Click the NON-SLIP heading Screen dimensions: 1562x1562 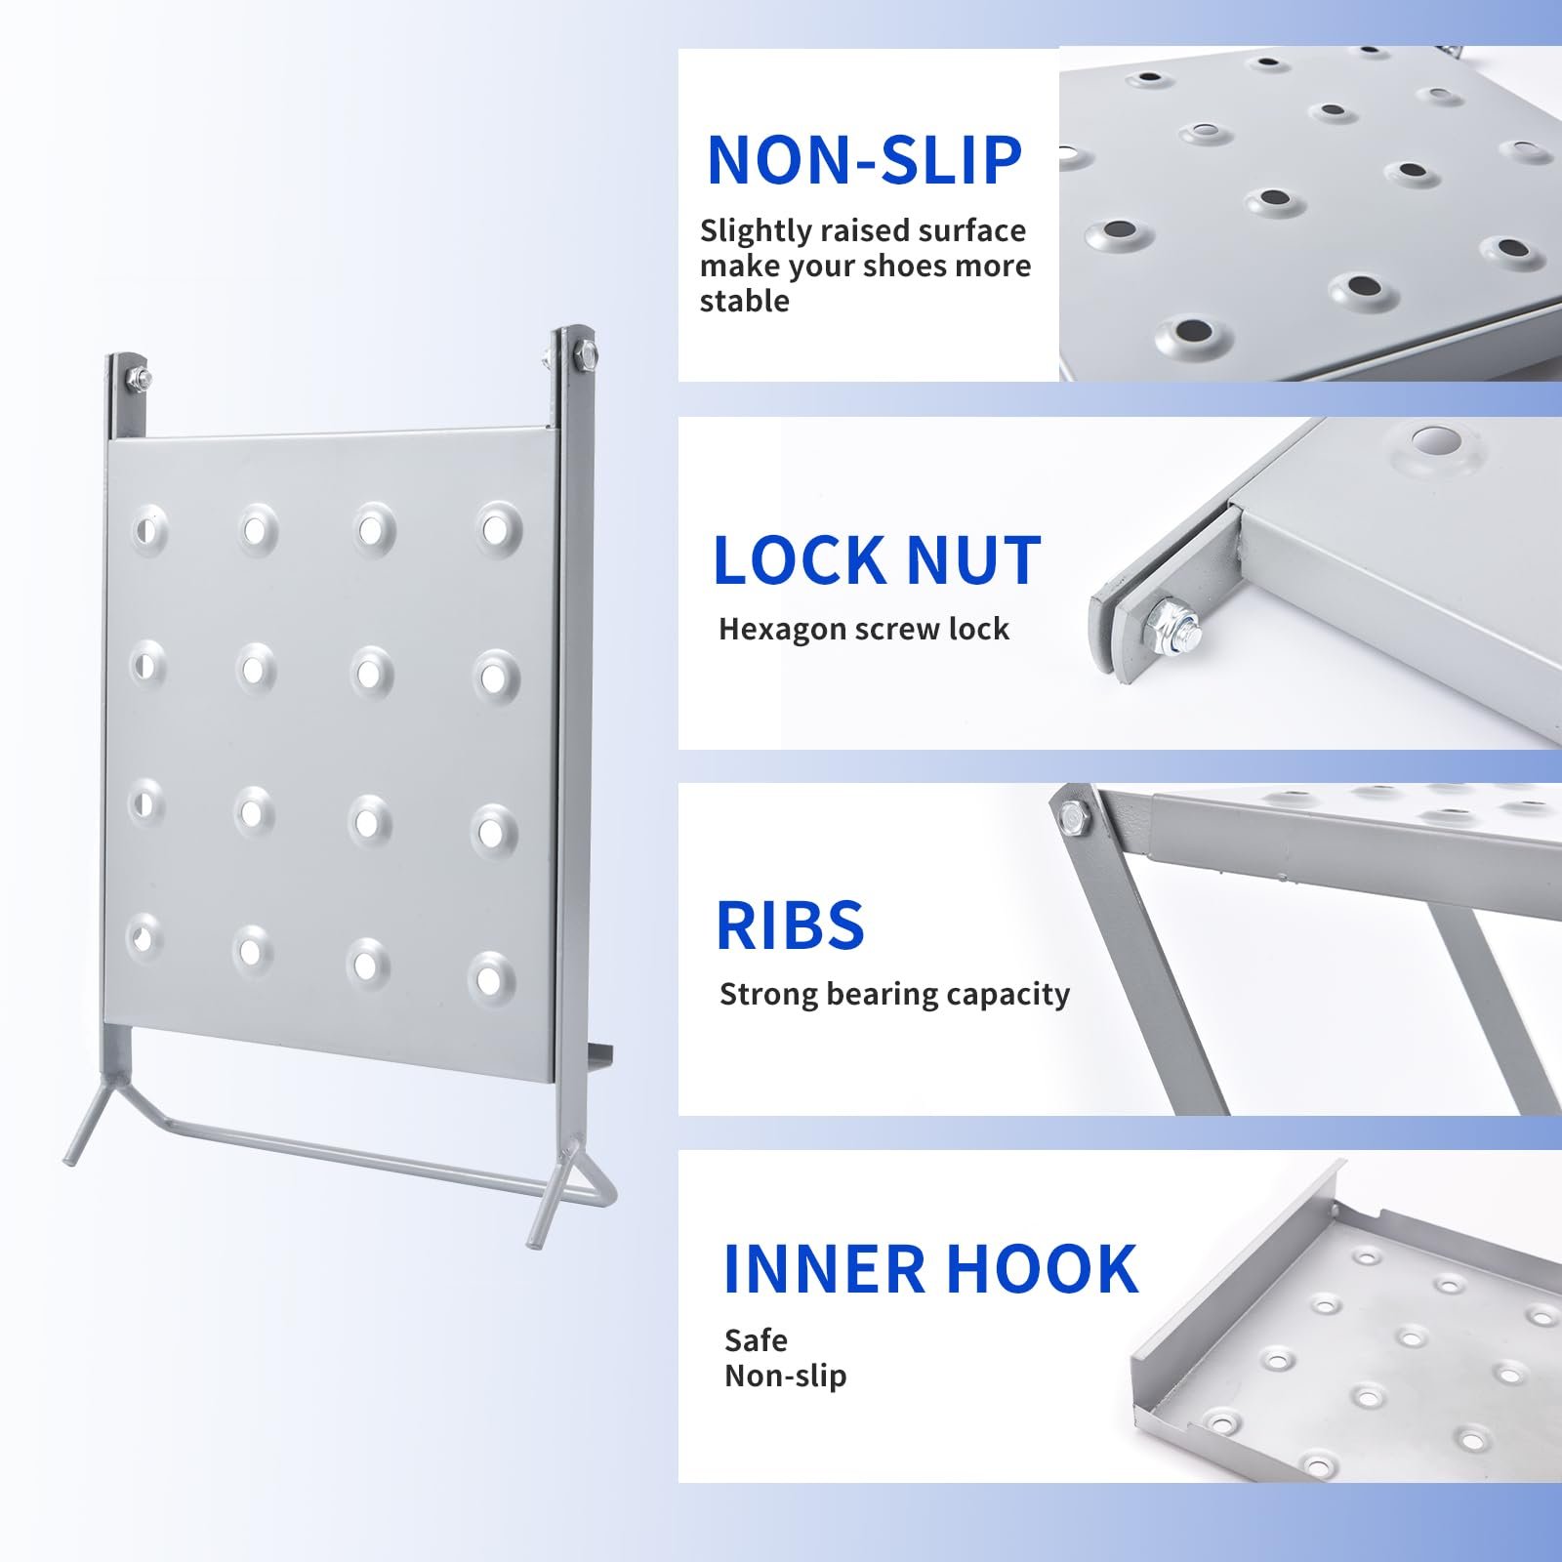click(864, 160)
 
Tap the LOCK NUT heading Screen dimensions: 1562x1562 click(877, 560)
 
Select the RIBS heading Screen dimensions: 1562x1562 click(790, 925)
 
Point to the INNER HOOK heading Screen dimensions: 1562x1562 click(930, 1268)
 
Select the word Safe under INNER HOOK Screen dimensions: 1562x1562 click(756, 1340)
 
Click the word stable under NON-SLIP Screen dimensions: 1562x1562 click(744, 301)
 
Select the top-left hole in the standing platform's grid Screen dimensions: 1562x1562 click(148, 529)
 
